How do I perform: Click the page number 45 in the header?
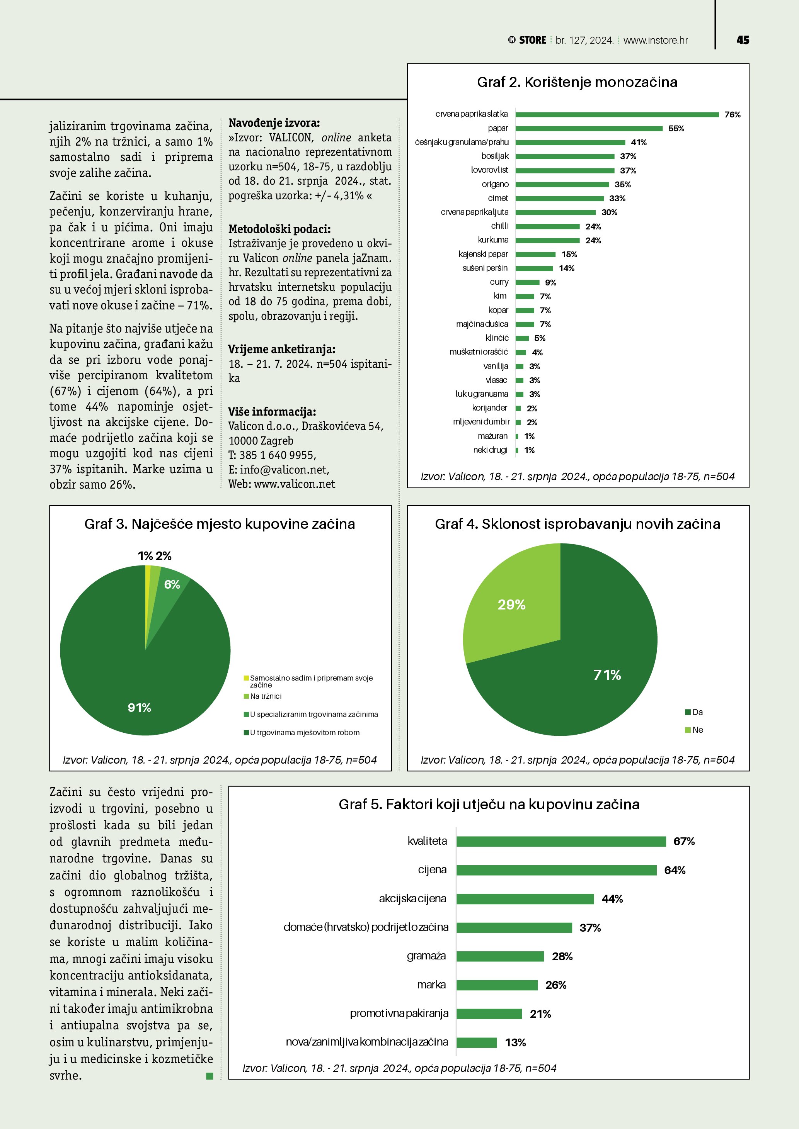tap(743, 40)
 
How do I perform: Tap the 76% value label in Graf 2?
tap(732, 115)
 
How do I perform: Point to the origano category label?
tap(495, 184)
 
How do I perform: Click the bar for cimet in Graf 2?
tap(559, 198)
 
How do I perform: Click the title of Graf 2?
tap(577, 82)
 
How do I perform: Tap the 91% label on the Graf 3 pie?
tap(139, 708)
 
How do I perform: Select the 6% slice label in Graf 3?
tap(172, 584)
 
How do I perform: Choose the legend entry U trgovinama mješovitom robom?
tap(304, 733)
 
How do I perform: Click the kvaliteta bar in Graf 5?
tap(561, 841)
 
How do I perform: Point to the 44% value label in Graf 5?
tap(612, 899)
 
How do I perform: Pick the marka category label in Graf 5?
tap(431, 985)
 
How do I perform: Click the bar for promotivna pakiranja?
tap(489, 1014)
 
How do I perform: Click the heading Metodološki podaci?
tap(279, 229)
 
